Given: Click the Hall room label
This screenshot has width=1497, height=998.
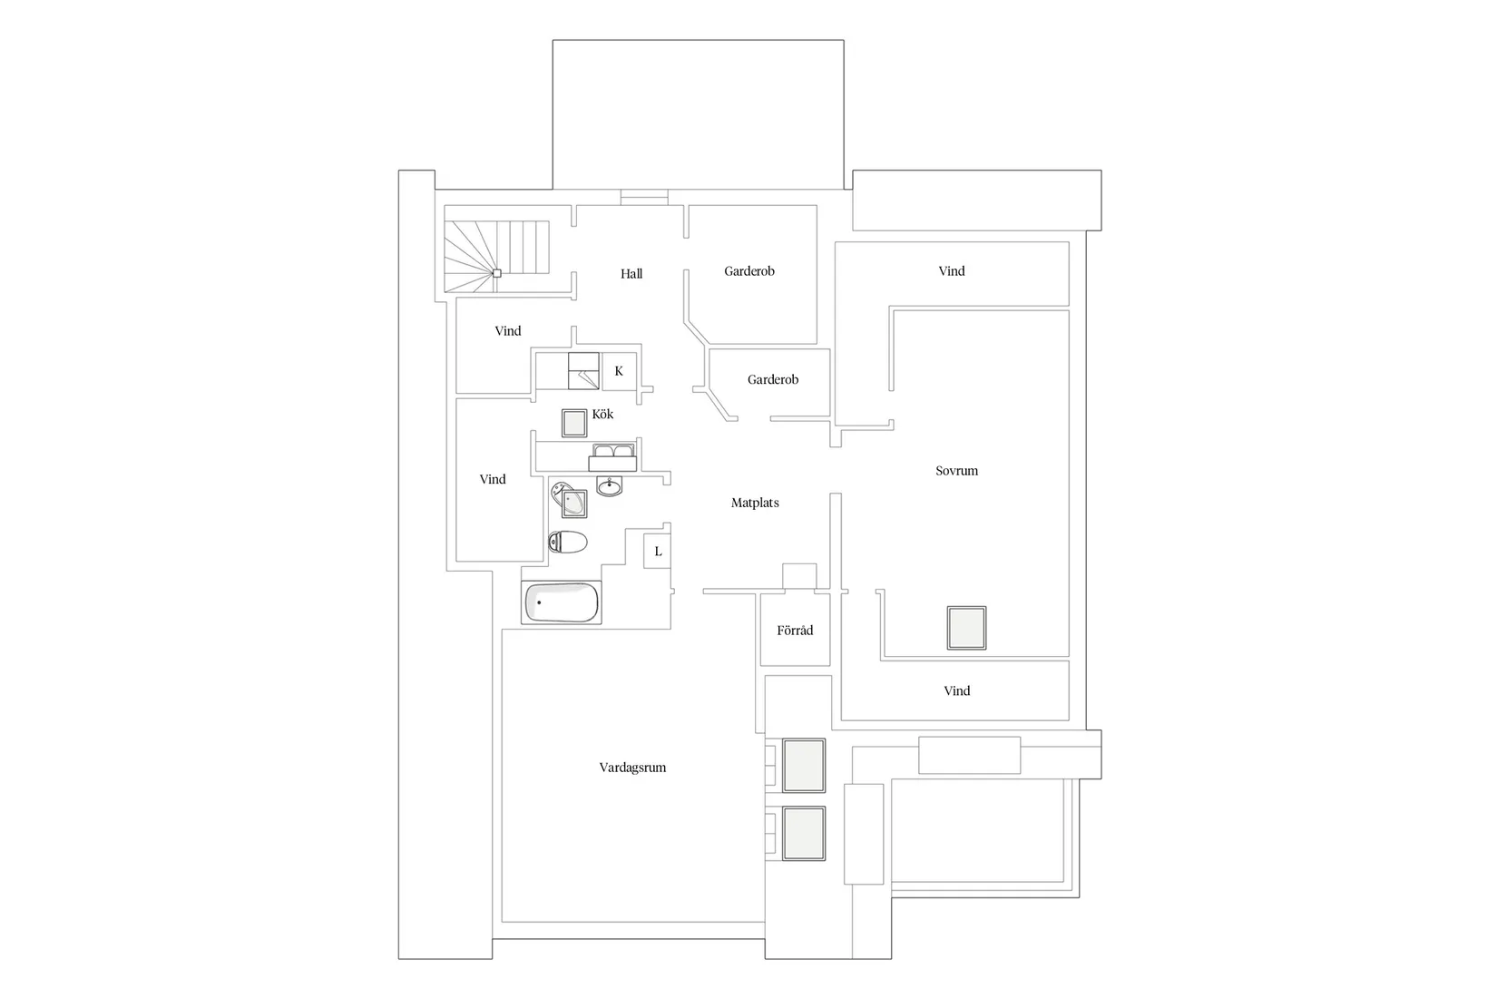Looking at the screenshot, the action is pos(631,273).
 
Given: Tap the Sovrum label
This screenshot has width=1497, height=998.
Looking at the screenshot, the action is pos(956,471).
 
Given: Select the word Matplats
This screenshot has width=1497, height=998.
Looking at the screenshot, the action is pos(755,503).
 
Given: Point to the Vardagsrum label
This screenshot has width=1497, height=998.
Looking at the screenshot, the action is pos(632,768).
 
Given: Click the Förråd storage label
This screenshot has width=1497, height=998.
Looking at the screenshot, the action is pos(795,631).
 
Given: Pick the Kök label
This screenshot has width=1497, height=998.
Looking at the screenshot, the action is pos(602,414).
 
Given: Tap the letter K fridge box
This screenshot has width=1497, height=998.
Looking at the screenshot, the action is pos(619,371).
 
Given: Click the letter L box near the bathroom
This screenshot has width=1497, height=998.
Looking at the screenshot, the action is pos(658,552).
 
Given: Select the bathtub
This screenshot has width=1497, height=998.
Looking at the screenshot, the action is pos(562,602).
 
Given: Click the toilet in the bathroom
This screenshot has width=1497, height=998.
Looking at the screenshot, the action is pos(567,543).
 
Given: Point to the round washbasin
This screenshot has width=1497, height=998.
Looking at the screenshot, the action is pos(610,486).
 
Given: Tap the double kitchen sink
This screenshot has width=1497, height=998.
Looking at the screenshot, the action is pos(612,457).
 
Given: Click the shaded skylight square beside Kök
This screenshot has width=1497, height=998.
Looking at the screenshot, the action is pos(574,423).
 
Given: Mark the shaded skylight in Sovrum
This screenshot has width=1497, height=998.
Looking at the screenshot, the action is pos(966,628).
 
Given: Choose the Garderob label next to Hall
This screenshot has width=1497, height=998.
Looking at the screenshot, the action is pos(749,270).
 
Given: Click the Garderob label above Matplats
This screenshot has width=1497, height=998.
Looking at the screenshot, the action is pos(773,379).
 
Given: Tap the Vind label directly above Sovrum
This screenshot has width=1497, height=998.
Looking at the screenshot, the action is pos(951,270).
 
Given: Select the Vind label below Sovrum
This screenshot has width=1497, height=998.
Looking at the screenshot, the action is pos(956,690).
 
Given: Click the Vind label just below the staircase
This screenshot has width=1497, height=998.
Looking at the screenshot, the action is pos(507,331).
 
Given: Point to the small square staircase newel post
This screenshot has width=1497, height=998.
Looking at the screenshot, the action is pos(496,273).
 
